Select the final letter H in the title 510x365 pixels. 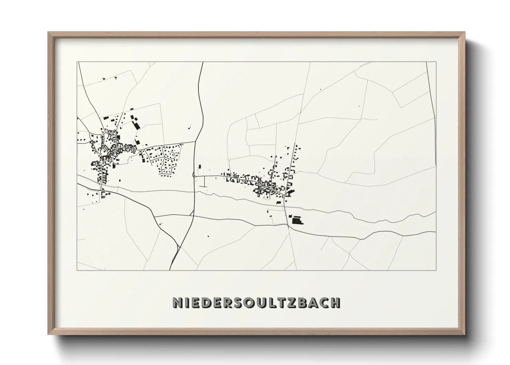click(335, 302)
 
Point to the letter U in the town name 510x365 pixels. click(258, 302)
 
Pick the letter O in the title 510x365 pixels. click(246, 302)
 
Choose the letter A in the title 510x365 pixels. click(311, 302)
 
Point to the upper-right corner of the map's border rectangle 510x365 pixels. click(436, 62)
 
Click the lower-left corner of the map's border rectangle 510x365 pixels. click(78, 270)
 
